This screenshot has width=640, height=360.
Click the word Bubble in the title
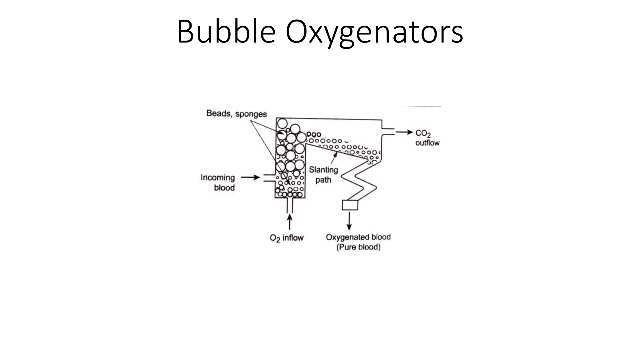click(x=226, y=32)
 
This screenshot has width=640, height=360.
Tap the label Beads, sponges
click(x=237, y=113)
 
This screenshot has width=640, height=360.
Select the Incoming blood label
click(x=218, y=182)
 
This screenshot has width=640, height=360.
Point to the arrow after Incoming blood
click(x=250, y=177)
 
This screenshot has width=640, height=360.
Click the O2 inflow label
click(x=287, y=238)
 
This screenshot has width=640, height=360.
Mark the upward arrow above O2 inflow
click(x=290, y=222)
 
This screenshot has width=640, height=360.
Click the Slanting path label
click(x=323, y=175)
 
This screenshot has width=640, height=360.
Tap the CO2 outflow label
click(x=427, y=138)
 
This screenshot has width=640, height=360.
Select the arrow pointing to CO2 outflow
click(x=404, y=132)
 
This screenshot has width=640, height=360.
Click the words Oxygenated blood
click(x=358, y=237)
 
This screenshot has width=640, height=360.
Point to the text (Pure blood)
click(x=358, y=247)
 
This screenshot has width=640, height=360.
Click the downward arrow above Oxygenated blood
click(x=349, y=221)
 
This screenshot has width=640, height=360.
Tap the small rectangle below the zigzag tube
click(x=350, y=205)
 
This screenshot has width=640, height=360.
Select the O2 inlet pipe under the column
click(x=290, y=205)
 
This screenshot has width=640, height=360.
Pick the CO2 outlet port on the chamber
click(x=388, y=132)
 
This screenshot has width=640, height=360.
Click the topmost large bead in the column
click(x=282, y=123)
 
